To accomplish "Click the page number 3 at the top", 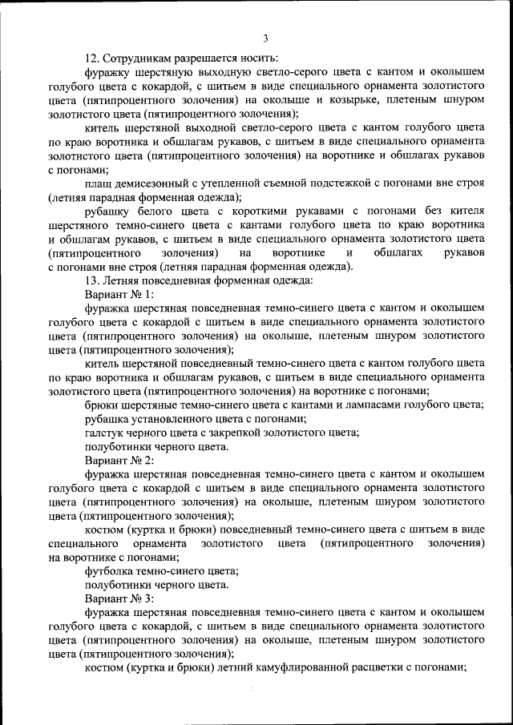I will [265, 38].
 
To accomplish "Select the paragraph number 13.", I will [91, 280].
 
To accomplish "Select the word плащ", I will [99, 184].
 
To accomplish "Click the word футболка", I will [114, 571].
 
